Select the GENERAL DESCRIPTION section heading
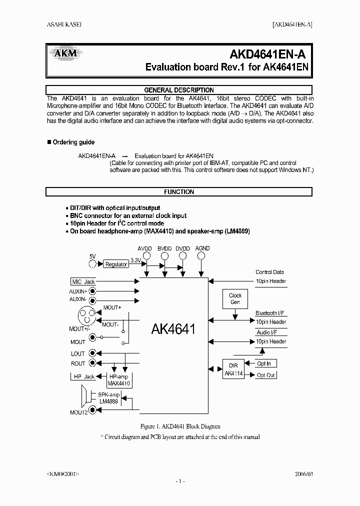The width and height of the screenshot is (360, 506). coord(179,90)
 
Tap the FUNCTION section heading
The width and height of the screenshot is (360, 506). coord(179,192)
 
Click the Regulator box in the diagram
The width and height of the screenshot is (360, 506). coord(116,264)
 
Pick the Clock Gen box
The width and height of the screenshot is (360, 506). coord(235,299)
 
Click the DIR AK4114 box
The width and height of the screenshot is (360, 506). coord(233,369)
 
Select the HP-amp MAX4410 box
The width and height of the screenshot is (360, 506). coord(118,380)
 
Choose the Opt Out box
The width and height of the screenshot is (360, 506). coord(265,375)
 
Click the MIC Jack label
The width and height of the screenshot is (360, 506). coord(82,282)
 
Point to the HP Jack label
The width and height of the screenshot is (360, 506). coord(83,376)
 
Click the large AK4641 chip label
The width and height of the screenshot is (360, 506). coord(173,329)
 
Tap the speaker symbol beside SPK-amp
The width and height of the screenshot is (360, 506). coord(86,398)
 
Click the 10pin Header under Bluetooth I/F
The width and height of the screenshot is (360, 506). coord(271,322)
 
